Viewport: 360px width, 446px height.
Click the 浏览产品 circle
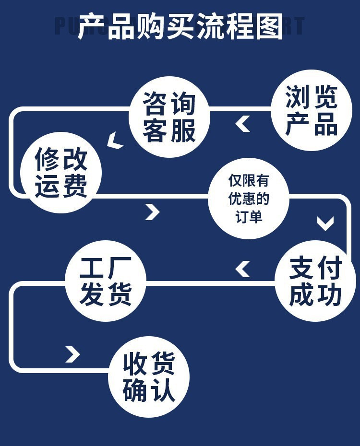[x=312, y=110]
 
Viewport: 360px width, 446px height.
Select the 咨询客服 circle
[x=169, y=117]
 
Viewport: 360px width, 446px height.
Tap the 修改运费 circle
[x=61, y=172]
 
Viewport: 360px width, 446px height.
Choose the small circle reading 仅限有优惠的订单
[x=249, y=198]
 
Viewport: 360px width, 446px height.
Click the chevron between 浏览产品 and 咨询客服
[x=243, y=124]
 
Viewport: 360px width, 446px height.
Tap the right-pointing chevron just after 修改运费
[x=152, y=211]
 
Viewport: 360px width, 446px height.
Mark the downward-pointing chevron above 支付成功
[x=325, y=223]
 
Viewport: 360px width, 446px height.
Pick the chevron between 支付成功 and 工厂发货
[x=243, y=269]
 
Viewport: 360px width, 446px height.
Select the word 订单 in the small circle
[x=249, y=216]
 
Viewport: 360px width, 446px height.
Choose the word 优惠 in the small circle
[x=242, y=199]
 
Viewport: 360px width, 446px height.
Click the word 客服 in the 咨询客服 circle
[x=169, y=130]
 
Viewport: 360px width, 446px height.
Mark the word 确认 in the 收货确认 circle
[x=149, y=391]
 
